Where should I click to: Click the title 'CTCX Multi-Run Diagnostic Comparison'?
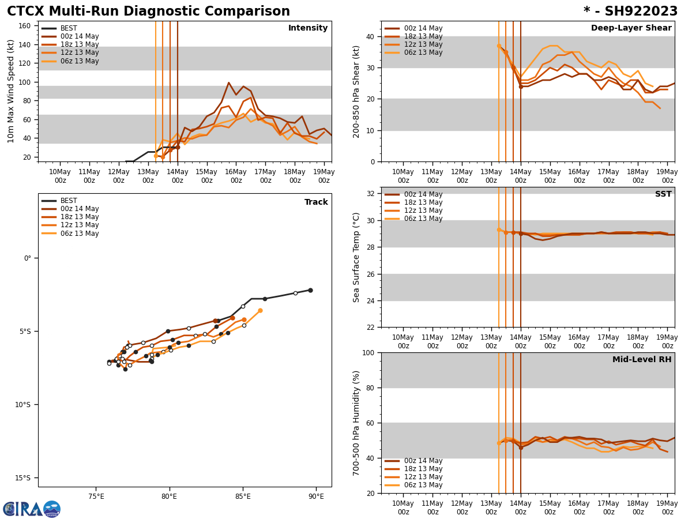(148, 12)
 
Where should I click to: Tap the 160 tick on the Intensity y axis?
(25, 26)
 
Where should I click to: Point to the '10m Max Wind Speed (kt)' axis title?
(12, 91)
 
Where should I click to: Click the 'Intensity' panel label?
(308, 28)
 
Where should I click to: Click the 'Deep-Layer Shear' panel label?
(631, 28)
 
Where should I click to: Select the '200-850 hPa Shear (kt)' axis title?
(357, 91)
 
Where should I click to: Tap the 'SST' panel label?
(663, 194)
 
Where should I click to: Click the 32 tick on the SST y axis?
(371, 194)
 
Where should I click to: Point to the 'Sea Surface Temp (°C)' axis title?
(357, 257)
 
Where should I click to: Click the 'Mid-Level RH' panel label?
(642, 360)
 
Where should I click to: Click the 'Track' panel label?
(316, 202)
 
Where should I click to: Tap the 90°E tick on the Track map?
(315, 497)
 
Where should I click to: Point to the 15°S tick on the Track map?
(23, 477)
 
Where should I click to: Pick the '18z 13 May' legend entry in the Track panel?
(80, 217)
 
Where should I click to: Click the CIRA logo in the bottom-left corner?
(32, 509)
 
